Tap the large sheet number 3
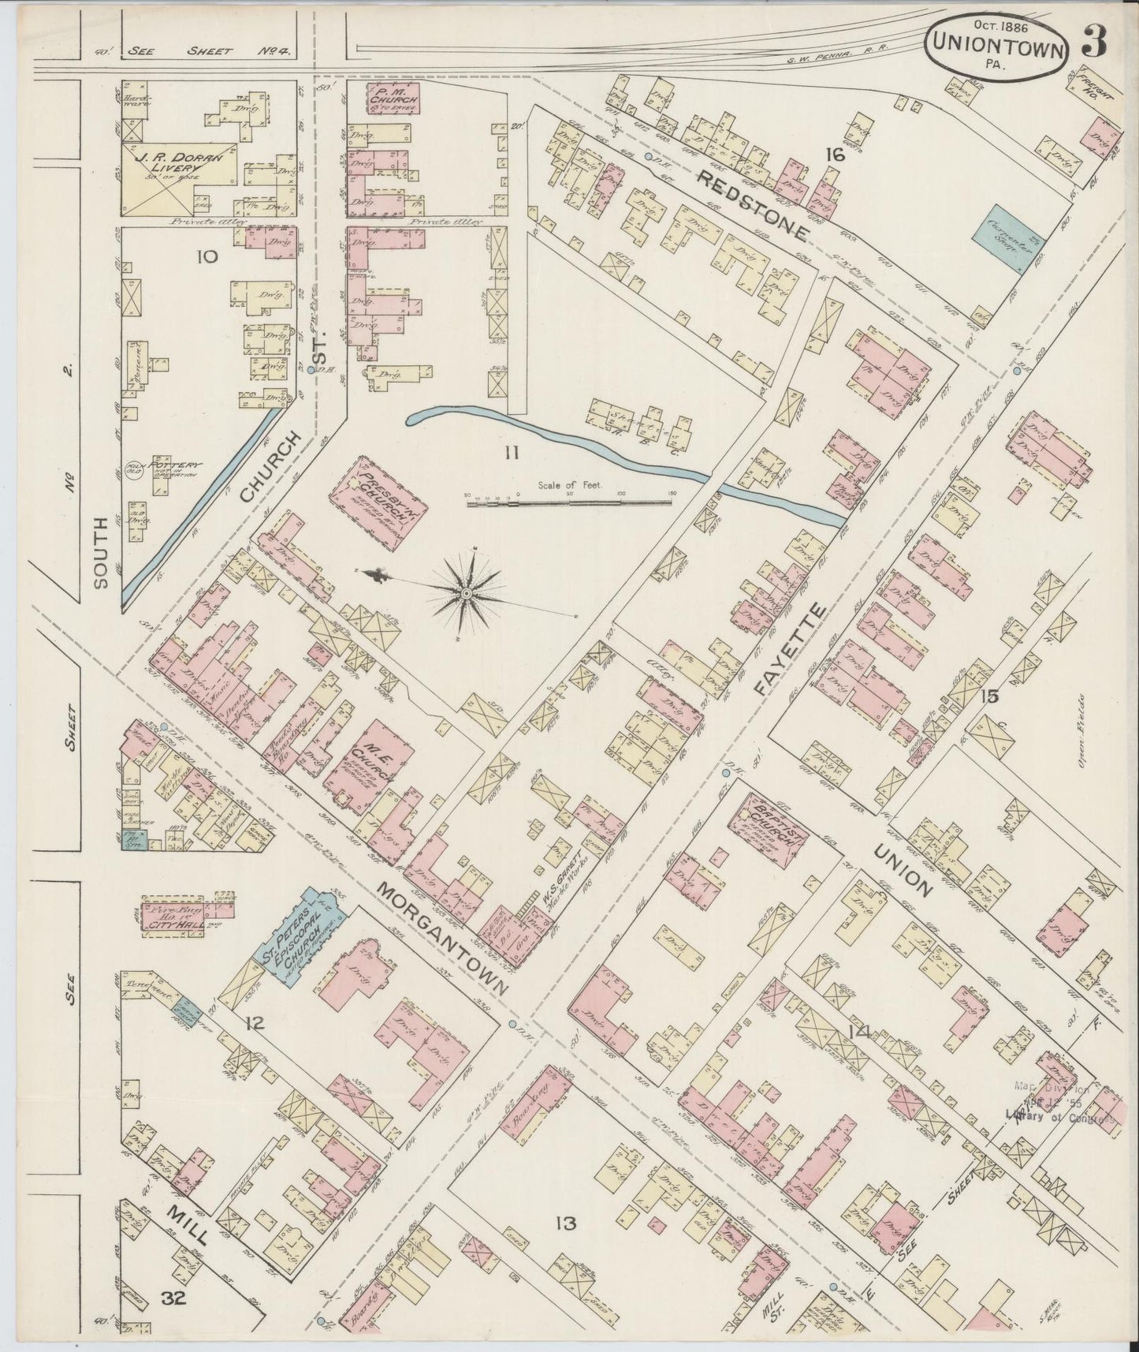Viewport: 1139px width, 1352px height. click(x=1095, y=41)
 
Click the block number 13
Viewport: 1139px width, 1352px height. click(x=564, y=1224)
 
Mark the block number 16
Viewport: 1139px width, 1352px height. click(x=834, y=155)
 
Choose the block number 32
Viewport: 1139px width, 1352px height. click(x=174, y=1298)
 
